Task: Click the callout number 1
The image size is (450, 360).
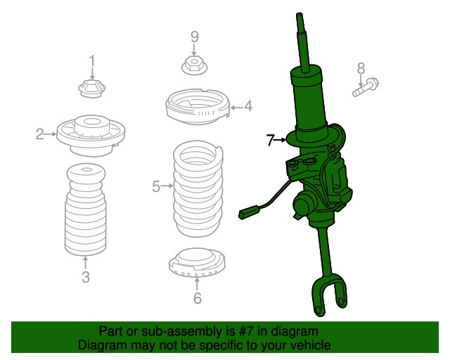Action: click(x=92, y=61)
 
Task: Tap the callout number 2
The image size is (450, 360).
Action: click(x=40, y=134)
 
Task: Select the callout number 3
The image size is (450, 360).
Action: click(x=86, y=277)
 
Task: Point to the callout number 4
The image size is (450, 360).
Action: click(x=248, y=106)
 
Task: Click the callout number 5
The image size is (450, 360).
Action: click(x=156, y=186)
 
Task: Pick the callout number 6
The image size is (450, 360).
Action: click(x=197, y=297)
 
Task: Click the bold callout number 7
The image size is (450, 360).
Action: click(x=270, y=140)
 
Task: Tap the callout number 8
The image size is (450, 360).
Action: click(x=361, y=69)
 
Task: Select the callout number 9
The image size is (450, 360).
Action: click(x=194, y=37)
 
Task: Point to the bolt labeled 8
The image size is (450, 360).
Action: click(x=366, y=87)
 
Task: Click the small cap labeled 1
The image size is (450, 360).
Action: click(x=92, y=89)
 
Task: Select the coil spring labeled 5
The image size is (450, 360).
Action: click(x=198, y=188)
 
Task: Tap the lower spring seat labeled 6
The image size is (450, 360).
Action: click(x=197, y=263)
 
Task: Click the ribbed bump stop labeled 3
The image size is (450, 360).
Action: click(x=86, y=210)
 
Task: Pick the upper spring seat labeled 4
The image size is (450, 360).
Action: click(x=198, y=107)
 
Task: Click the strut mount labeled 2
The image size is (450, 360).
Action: click(x=91, y=136)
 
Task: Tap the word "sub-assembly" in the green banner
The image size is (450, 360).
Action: click(x=182, y=331)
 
